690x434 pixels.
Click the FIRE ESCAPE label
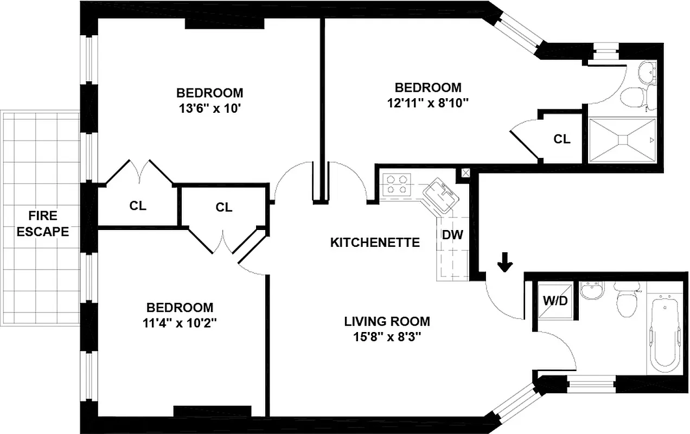point(43,224)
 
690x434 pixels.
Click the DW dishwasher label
point(452,235)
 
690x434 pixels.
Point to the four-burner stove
point(397,184)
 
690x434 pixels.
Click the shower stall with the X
point(622,140)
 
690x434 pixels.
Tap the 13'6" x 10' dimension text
point(209,108)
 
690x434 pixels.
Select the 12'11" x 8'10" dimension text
point(427,103)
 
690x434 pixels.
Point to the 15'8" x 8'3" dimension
point(387,336)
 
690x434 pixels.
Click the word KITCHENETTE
point(375,242)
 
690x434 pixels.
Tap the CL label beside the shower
point(562,139)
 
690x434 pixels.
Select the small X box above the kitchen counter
point(465,173)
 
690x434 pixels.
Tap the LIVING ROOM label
point(387,321)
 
